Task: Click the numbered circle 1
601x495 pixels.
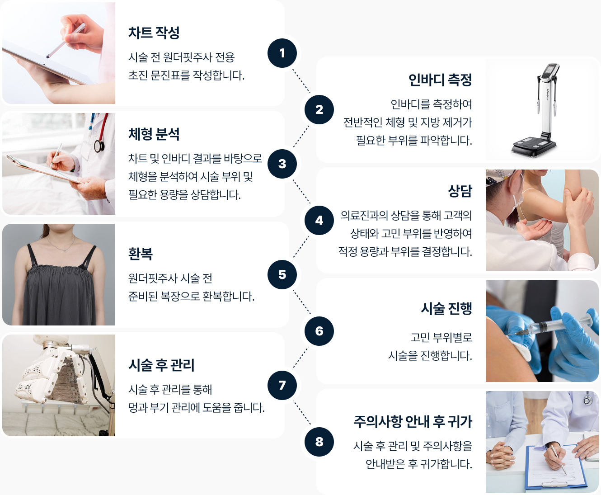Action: [x=282, y=53]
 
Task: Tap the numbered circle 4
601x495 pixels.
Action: [x=319, y=220]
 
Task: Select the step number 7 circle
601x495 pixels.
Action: [x=282, y=385]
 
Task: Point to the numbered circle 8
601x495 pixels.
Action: [x=319, y=442]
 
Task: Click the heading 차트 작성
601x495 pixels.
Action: [x=154, y=33]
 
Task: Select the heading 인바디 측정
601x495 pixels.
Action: [x=440, y=80]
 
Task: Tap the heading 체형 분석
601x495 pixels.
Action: [x=154, y=134]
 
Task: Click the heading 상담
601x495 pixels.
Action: [x=460, y=191]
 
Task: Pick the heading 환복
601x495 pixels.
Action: [x=141, y=254]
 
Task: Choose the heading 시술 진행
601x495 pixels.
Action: [x=446, y=308]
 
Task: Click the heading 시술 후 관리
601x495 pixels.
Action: [x=161, y=365]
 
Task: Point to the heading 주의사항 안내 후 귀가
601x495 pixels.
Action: [x=413, y=421]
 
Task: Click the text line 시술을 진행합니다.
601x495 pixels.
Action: [x=430, y=356]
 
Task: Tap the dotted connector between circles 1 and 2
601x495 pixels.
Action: [x=301, y=81]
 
